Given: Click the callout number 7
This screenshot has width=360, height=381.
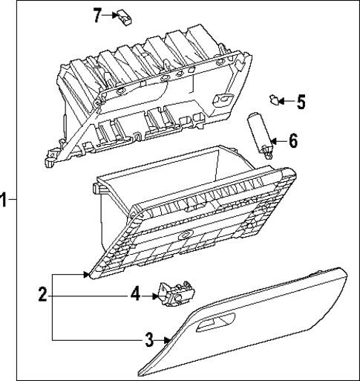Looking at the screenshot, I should click(x=96, y=14).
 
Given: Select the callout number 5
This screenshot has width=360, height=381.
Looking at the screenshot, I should click(x=301, y=102).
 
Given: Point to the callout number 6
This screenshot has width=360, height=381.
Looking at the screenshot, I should click(x=294, y=140).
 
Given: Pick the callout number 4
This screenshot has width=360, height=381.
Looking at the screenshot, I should click(x=135, y=295).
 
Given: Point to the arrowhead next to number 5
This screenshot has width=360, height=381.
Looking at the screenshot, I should click(x=286, y=102).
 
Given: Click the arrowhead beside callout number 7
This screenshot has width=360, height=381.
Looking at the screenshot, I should click(x=112, y=14).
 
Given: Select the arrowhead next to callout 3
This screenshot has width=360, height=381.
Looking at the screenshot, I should click(x=168, y=340).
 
